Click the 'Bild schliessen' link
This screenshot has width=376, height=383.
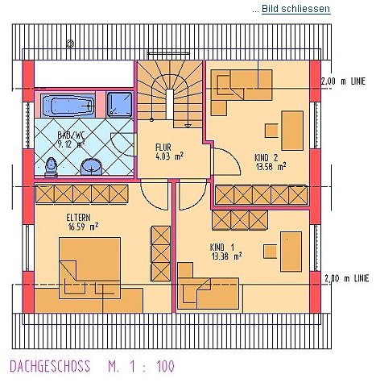tap(295, 9)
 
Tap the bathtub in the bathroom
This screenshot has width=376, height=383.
tap(68, 105)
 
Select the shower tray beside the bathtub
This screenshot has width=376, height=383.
tap(119, 105)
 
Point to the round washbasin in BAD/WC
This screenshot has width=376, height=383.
tap(92, 167)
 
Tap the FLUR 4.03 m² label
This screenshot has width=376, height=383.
tap(170, 152)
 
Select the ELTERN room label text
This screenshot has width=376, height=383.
tap(78, 217)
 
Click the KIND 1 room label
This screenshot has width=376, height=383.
tap(222, 247)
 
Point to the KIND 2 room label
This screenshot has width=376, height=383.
tap(267, 157)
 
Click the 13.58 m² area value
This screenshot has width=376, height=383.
tap(271, 167)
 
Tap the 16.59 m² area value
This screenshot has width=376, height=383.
tap(83, 227)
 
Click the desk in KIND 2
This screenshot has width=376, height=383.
tap(292, 131)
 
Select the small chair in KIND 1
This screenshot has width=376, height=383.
tap(270, 252)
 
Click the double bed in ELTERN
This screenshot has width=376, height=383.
tap(90, 268)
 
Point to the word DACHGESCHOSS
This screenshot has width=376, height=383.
tap(50, 366)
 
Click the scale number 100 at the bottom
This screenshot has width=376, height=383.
tap(166, 366)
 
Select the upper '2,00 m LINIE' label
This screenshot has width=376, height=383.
tap(344, 81)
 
